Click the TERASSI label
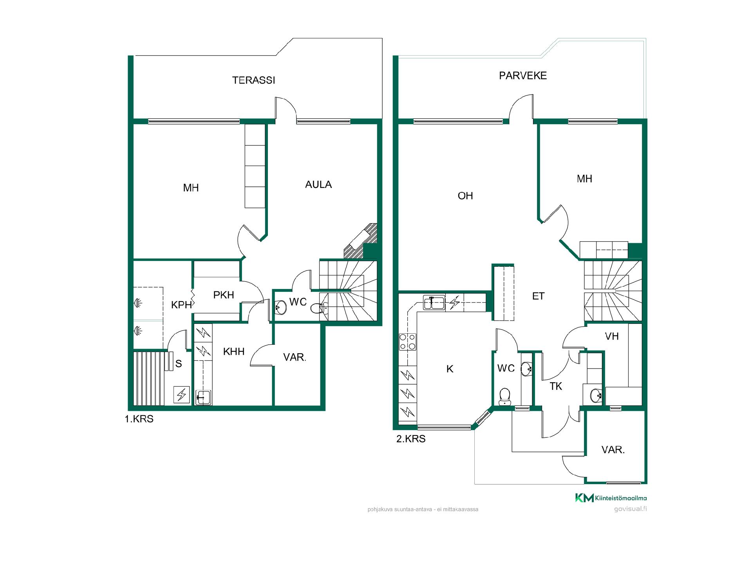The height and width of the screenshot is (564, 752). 253,80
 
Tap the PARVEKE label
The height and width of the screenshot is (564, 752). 522,76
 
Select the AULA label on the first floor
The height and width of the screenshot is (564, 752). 318,184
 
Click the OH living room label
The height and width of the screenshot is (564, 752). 465,196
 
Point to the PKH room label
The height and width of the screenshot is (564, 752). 224,295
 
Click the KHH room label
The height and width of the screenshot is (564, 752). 234,352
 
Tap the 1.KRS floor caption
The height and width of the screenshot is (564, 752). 139,419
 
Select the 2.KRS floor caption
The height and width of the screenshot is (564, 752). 411,439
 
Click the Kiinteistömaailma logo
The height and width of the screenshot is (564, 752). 611,498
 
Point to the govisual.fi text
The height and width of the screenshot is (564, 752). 630,509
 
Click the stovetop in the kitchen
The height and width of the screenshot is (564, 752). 408,342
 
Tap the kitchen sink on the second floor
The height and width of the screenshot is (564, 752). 434,303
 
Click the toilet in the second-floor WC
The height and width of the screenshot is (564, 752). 504,396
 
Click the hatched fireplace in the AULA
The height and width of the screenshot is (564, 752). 360,241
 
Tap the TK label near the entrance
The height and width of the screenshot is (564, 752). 556,387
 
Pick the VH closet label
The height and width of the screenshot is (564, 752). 612,336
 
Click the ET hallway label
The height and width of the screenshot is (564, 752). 538,296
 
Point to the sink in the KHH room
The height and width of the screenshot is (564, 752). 203,397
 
